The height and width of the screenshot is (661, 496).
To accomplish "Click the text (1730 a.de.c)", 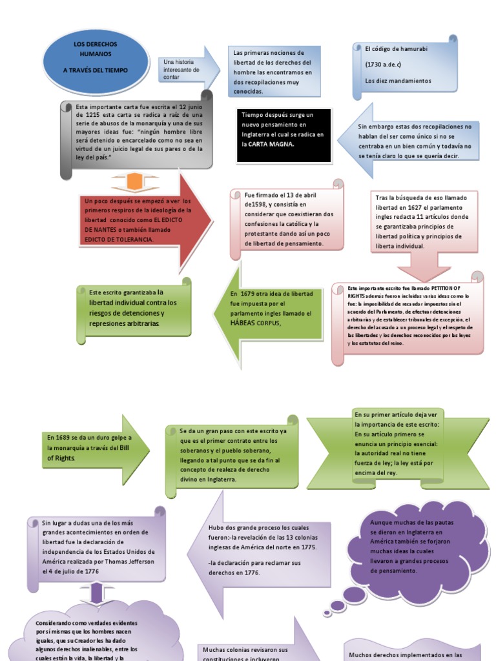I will tap(384, 65).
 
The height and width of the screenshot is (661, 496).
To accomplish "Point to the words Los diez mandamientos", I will tap(398, 81).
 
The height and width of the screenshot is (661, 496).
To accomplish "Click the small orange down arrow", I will tap(134, 182).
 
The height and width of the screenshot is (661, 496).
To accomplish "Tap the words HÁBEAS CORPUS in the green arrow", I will tap(254, 323).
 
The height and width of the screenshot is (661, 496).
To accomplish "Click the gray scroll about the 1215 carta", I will tap(139, 136).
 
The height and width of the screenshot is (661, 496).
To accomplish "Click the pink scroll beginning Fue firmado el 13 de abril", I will tap(284, 219).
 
